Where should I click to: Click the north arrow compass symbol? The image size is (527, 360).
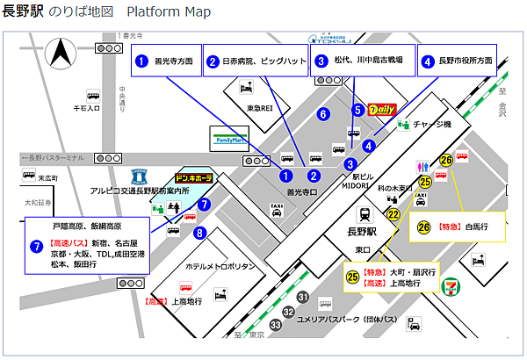tap(62, 54)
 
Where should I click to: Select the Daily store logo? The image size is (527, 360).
tap(383, 111)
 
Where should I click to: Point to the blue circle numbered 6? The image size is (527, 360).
tap(323, 114)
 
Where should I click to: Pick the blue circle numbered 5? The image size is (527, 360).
tap(357, 111)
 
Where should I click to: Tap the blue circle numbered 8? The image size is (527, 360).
tap(200, 234)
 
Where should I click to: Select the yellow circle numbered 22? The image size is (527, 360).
tap(393, 213)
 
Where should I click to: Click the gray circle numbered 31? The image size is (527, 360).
tap(302, 298)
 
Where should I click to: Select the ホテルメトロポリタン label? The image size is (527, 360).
tap(220, 266)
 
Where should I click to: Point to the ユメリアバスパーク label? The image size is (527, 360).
tap(350, 318)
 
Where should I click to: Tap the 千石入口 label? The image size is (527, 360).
tap(86, 109)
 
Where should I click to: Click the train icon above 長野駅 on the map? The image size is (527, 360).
tap(363, 214)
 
